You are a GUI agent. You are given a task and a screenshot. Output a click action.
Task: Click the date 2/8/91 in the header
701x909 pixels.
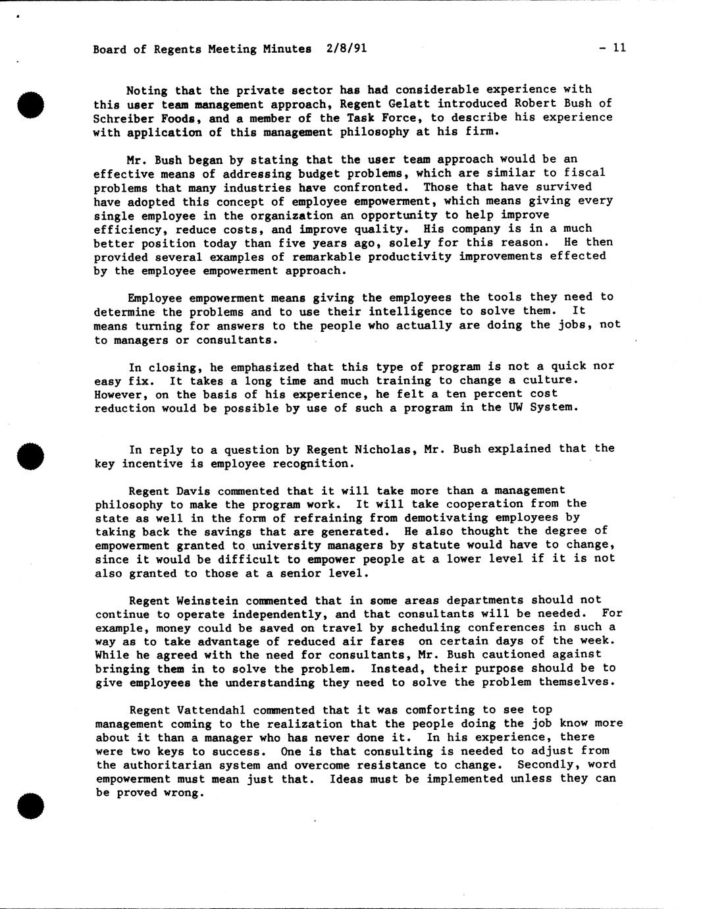pyautogui.click(x=346, y=48)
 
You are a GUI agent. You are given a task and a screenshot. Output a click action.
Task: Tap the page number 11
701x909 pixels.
pyautogui.click(x=619, y=47)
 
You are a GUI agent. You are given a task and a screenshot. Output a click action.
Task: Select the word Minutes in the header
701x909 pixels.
pyautogui.click(x=286, y=49)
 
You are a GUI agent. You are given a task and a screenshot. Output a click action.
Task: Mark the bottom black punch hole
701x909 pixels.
pyautogui.click(x=31, y=805)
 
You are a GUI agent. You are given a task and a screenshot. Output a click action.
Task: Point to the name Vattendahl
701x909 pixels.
pyautogui.click(x=212, y=710)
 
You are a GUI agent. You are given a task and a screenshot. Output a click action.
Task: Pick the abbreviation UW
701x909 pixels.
pyautogui.click(x=515, y=407)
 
